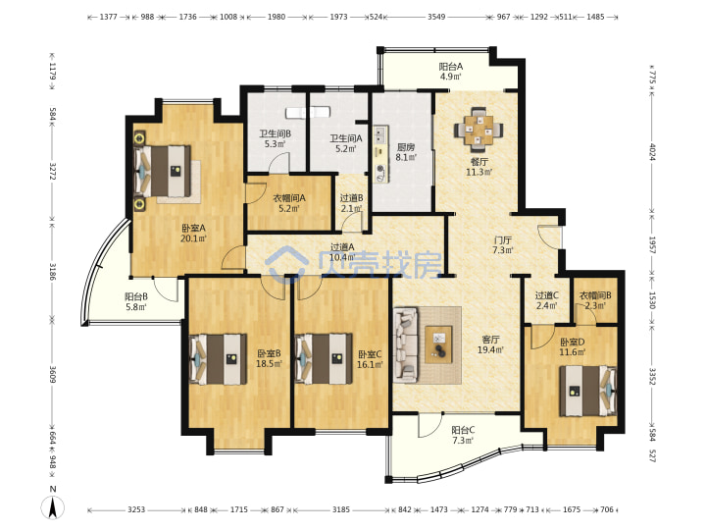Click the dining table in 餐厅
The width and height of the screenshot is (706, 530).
[479, 129]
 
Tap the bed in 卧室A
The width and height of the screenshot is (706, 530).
[163, 171]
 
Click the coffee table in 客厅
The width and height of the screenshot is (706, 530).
[438, 344]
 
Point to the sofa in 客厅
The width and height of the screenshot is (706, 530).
[405, 344]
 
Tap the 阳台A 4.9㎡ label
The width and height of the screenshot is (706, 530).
[451, 72]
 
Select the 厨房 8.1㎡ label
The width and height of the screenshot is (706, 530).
[406, 152]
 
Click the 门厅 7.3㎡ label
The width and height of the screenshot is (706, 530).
[502, 244]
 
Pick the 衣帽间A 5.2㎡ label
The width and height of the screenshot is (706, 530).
[289, 203]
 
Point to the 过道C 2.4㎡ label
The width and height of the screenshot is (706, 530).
[546, 300]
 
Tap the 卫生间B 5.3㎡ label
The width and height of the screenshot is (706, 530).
[275, 138]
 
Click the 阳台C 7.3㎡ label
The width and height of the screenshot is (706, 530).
[463, 435]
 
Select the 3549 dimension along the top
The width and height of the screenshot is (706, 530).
[435, 17]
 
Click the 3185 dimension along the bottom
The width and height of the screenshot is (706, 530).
[341, 509]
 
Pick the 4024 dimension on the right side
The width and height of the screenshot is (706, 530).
[652, 152]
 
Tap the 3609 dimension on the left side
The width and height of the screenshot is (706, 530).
[52, 375]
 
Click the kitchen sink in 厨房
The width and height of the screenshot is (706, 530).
[380, 133]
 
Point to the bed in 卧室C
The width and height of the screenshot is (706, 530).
[324, 359]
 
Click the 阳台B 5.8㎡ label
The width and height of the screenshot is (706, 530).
[136, 301]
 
